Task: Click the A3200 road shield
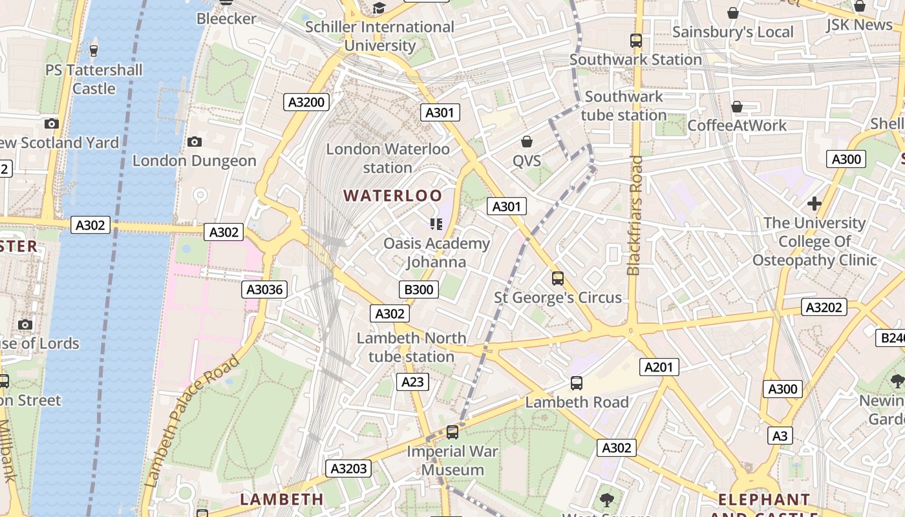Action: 306,102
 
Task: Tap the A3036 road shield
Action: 264,290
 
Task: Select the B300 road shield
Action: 418,290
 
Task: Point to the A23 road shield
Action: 412,382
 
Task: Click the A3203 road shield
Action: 348,469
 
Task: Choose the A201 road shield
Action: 659,367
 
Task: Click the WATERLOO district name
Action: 393,196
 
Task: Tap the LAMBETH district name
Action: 282,500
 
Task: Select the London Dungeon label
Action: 195,161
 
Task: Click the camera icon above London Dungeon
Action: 194,142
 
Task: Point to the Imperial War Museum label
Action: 452,461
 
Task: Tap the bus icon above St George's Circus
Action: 558,279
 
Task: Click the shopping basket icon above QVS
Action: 527,142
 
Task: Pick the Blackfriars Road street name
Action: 634,215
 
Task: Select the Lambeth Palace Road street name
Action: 192,421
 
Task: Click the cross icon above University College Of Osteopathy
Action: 814,204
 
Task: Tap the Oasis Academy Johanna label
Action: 437,253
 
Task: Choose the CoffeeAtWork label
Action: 737,125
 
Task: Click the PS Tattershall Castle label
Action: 94,79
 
